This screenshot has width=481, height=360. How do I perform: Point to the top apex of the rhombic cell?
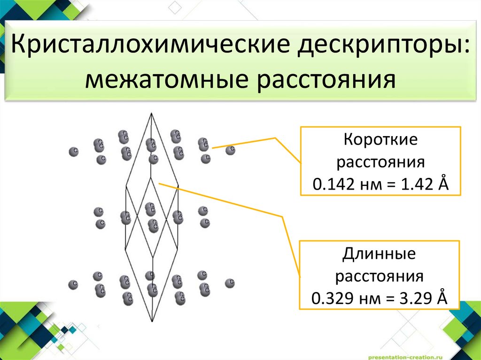click(x=151, y=114)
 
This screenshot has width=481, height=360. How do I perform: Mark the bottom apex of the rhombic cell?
click(x=152, y=322)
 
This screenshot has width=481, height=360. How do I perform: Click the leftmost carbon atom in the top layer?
click(x=73, y=152)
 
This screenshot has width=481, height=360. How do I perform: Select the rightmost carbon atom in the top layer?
click(x=230, y=150)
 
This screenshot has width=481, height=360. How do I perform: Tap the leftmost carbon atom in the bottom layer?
click(x=73, y=284)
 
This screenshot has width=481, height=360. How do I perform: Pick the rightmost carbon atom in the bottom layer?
click(x=230, y=283)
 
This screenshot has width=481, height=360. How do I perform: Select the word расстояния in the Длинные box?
click(x=380, y=276)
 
